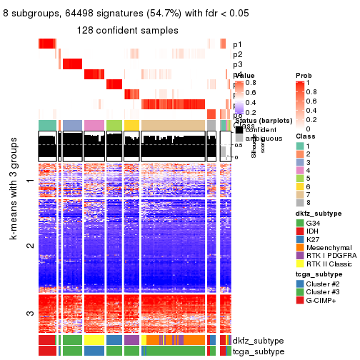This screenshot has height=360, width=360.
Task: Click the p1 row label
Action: click(x=237, y=44)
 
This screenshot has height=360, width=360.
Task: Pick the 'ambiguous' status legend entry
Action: click(x=261, y=140)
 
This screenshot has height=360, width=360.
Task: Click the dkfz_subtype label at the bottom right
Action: click(x=255, y=341)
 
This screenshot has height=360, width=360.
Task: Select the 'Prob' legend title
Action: click(x=304, y=76)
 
